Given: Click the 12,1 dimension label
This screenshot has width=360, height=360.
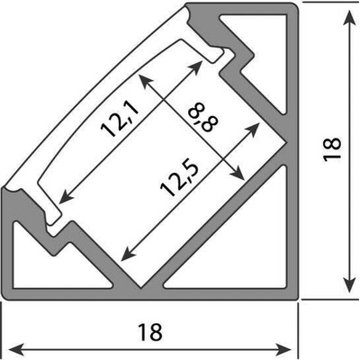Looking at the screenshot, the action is pos(120,119).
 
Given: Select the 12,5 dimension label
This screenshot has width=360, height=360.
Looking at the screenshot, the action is pos(179,179).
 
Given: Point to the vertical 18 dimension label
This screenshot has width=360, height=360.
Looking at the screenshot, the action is pos(332,149).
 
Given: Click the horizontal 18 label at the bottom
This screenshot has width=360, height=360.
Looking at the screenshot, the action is pos(150,332).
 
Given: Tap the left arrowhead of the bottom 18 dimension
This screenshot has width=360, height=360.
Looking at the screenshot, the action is pos(16,349).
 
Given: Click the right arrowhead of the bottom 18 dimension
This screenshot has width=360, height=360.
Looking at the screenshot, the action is pos(283,349).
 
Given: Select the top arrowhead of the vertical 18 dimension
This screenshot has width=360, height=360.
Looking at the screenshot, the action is pos(349,17).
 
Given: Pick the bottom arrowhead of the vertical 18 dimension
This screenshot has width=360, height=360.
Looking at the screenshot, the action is pos(349,283).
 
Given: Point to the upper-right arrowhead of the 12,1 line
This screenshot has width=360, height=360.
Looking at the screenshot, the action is pos(196,67).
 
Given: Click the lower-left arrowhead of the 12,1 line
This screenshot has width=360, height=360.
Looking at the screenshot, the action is pos(66,196).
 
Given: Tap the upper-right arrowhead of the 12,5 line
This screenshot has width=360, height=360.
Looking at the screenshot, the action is pos(252,129).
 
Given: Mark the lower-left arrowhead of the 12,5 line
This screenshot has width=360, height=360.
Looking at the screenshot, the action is pos(129,253).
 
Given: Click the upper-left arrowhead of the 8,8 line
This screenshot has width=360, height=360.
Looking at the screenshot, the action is pos(146,81).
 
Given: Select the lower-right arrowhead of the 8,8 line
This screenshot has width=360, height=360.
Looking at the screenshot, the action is pos(237,173).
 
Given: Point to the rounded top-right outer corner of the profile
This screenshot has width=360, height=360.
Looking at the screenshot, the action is pos(295,6).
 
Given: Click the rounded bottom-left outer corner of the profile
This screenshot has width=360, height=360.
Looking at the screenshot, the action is pos(6,295).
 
